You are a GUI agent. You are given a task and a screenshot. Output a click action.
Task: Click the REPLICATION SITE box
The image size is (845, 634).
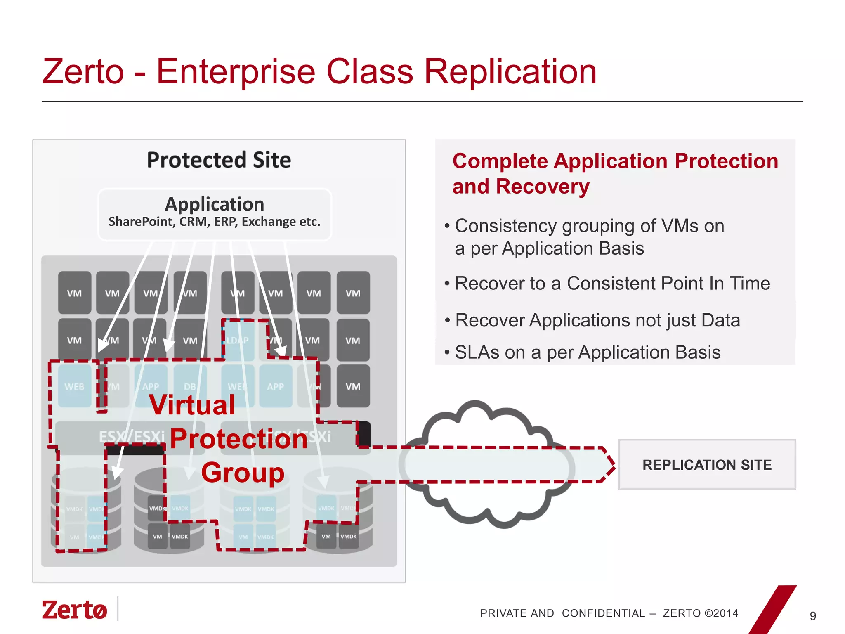[707, 465]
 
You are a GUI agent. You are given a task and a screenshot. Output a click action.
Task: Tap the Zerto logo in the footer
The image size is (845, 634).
[75, 610]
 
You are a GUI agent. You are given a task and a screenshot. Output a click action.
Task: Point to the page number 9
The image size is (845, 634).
[813, 616]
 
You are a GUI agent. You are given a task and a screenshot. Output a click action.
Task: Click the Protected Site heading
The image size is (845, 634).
[219, 160]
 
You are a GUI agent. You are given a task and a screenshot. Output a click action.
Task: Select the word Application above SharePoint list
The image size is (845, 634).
[215, 204]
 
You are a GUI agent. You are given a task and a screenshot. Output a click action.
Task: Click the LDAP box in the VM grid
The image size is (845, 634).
[238, 340]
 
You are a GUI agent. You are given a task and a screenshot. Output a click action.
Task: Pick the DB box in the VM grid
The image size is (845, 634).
[190, 386]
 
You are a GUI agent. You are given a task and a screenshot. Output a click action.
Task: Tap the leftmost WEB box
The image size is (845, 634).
[74, 386]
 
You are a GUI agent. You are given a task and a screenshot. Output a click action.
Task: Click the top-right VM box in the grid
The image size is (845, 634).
[353, 293]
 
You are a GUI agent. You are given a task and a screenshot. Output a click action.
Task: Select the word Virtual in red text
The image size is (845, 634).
[192, 405]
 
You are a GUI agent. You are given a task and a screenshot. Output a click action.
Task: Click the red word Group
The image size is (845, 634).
[243, 473]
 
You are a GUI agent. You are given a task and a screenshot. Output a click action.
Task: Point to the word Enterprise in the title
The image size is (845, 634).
[236, 72]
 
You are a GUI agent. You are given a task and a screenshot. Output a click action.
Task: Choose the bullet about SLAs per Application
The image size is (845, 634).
[588, 352]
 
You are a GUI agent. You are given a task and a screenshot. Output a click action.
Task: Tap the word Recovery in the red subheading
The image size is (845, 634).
[543, 187]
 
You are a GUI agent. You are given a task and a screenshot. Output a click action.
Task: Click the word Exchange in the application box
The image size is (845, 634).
[269, 222]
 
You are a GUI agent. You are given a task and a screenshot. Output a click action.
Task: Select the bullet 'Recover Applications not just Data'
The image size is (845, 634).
[597, 320]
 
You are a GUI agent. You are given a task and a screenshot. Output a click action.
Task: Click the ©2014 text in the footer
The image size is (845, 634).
[722, 613]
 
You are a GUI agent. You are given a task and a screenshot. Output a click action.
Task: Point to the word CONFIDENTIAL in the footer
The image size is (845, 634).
[603, 613]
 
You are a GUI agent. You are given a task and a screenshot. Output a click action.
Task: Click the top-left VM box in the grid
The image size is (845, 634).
[74, 293]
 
